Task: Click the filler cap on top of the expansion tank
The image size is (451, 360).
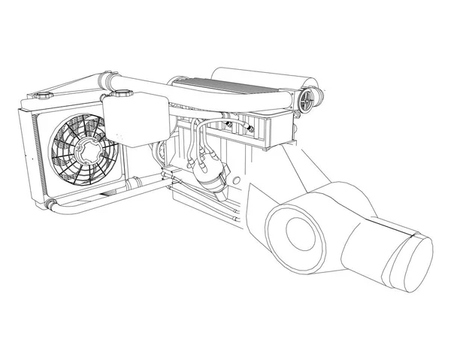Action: tap(122, 93)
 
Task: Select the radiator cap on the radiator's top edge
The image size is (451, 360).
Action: tap(40, 97)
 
